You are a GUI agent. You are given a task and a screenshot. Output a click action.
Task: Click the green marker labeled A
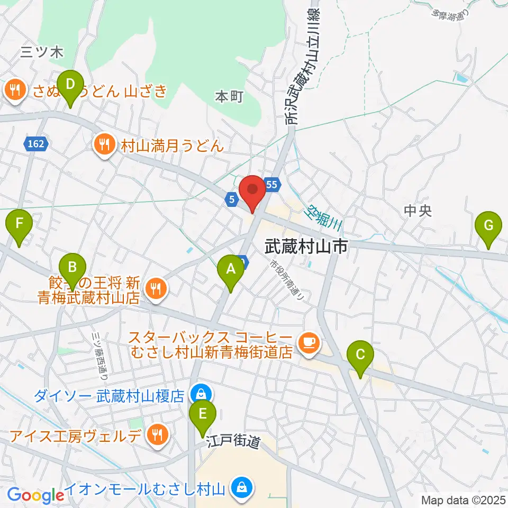(x=231, y=269)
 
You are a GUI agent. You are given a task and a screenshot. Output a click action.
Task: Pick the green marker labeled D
(x=70, y=84)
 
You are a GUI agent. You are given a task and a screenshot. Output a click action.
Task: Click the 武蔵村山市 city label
(x=306, y=246)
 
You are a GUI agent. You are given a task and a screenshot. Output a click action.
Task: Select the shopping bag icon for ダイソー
(x=201, y=394)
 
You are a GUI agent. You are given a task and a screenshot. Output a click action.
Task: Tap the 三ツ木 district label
(x=42, y=52)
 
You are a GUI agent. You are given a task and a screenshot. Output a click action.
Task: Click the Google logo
(x=35, y=495)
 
